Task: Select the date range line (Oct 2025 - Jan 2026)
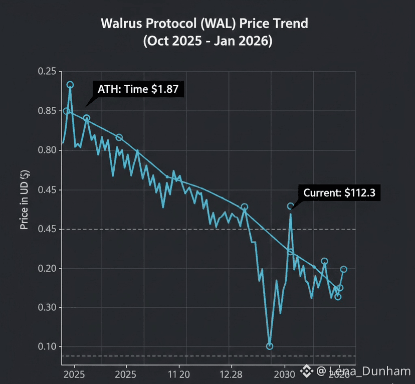tap(207, 41)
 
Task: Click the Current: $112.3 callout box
tap(339, 193)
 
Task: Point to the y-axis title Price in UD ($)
tap(24, 200)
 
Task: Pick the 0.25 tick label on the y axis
tap(47, 72)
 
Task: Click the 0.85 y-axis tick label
tap(47, 111)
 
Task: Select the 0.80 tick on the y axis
tap(47, 150)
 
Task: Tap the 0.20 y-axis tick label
tap(47, 269)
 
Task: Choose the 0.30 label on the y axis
tap(47, 308)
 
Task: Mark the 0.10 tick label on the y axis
tap(47, 347)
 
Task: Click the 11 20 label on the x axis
tap(178, 374)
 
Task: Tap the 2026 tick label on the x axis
tap(339, 374)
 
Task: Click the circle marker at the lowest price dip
tap(270, 346)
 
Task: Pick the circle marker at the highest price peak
tap(70, 85)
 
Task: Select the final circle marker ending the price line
tap(344, 269)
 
